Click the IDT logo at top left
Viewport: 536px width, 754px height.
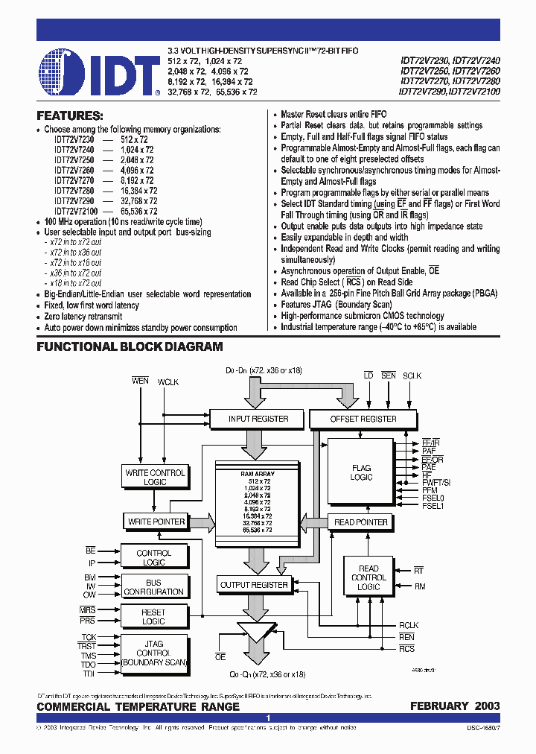click(x=99, y=73)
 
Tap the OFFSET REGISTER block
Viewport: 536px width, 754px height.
click(x=363, y=419)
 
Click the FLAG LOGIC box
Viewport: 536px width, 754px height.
click(x=361, y=472)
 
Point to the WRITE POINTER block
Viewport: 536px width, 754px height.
click(x=156, y=522)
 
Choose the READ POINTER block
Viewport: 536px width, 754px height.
click(x=361, y=522)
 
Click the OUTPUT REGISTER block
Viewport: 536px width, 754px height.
click(x=254, y=585)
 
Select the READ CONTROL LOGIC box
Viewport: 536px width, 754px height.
click(x=368, y=577)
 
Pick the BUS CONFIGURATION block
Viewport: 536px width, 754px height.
click(x=154, y=587)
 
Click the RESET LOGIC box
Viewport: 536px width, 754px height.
click(x=154, y=617)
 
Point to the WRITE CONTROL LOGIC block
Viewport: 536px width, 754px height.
click(x=156, y=478)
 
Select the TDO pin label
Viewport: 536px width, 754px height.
click(x=89, y=664)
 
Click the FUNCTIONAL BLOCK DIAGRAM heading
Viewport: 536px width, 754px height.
click(x=130, y=346)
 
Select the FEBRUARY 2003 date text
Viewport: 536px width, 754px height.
click(x=455, y=706)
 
